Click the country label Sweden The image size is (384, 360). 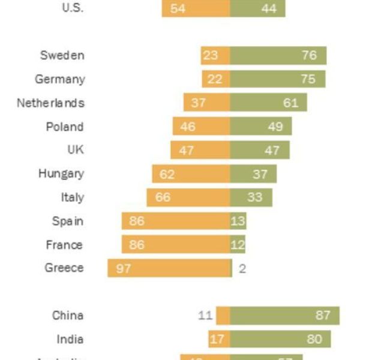point(62,55)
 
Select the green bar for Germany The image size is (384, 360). point(277,79)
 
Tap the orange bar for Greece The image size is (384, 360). point(169,268)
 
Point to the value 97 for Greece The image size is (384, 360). point(123,268)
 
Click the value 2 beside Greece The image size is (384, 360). point(242,268)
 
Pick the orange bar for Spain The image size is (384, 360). point(175,221)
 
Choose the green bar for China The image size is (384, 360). point(284,316)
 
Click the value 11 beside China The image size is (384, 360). point(206,316)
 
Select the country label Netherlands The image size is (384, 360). point(50,103)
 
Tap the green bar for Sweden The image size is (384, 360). point(278,55)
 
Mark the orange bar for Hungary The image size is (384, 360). point(191,174)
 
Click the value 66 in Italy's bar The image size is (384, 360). point(163,197)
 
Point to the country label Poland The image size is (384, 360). point(65,127)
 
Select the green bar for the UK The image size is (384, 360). point(259,150)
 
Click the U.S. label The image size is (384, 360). point(73,8)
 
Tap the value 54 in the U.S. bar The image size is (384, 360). point(178,9)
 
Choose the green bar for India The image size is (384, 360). point(280,339)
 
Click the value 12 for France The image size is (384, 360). point(238,245)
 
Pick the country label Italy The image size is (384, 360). point(72,197)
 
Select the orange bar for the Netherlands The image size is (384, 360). point(206,103)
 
